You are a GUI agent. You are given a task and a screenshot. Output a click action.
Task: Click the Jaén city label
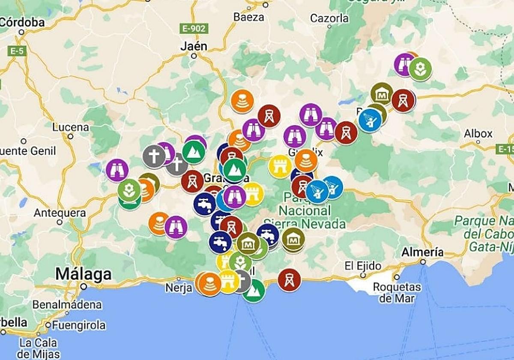tap(194, 46)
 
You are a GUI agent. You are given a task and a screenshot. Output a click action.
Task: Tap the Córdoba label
tap(22, 22)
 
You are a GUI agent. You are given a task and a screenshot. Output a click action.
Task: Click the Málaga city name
tap(84, 274)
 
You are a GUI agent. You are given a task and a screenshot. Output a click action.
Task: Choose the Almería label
tap(422, 252)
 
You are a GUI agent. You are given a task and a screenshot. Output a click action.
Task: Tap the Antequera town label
tap(60, 213)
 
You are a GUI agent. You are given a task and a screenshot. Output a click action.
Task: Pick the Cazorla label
tap(329, 18)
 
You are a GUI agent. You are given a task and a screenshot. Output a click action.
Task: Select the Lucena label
tap(71, 127)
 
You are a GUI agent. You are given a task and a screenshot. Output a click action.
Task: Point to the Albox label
tap(478, 134)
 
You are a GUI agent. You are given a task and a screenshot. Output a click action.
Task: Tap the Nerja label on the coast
tap(179, 288)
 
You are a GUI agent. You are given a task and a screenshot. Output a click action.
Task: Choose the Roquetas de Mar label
tap(397, 292)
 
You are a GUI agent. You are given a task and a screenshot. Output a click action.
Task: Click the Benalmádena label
tap(67, 305)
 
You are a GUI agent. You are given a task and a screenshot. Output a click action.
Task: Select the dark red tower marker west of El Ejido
tap(289, 280)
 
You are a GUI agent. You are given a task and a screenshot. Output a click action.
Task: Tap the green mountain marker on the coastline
tap(254, 291)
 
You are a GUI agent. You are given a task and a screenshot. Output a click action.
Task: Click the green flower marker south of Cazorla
tap(420, 69)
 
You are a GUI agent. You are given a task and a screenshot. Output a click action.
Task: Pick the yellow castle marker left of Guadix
tap(280, 166)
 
